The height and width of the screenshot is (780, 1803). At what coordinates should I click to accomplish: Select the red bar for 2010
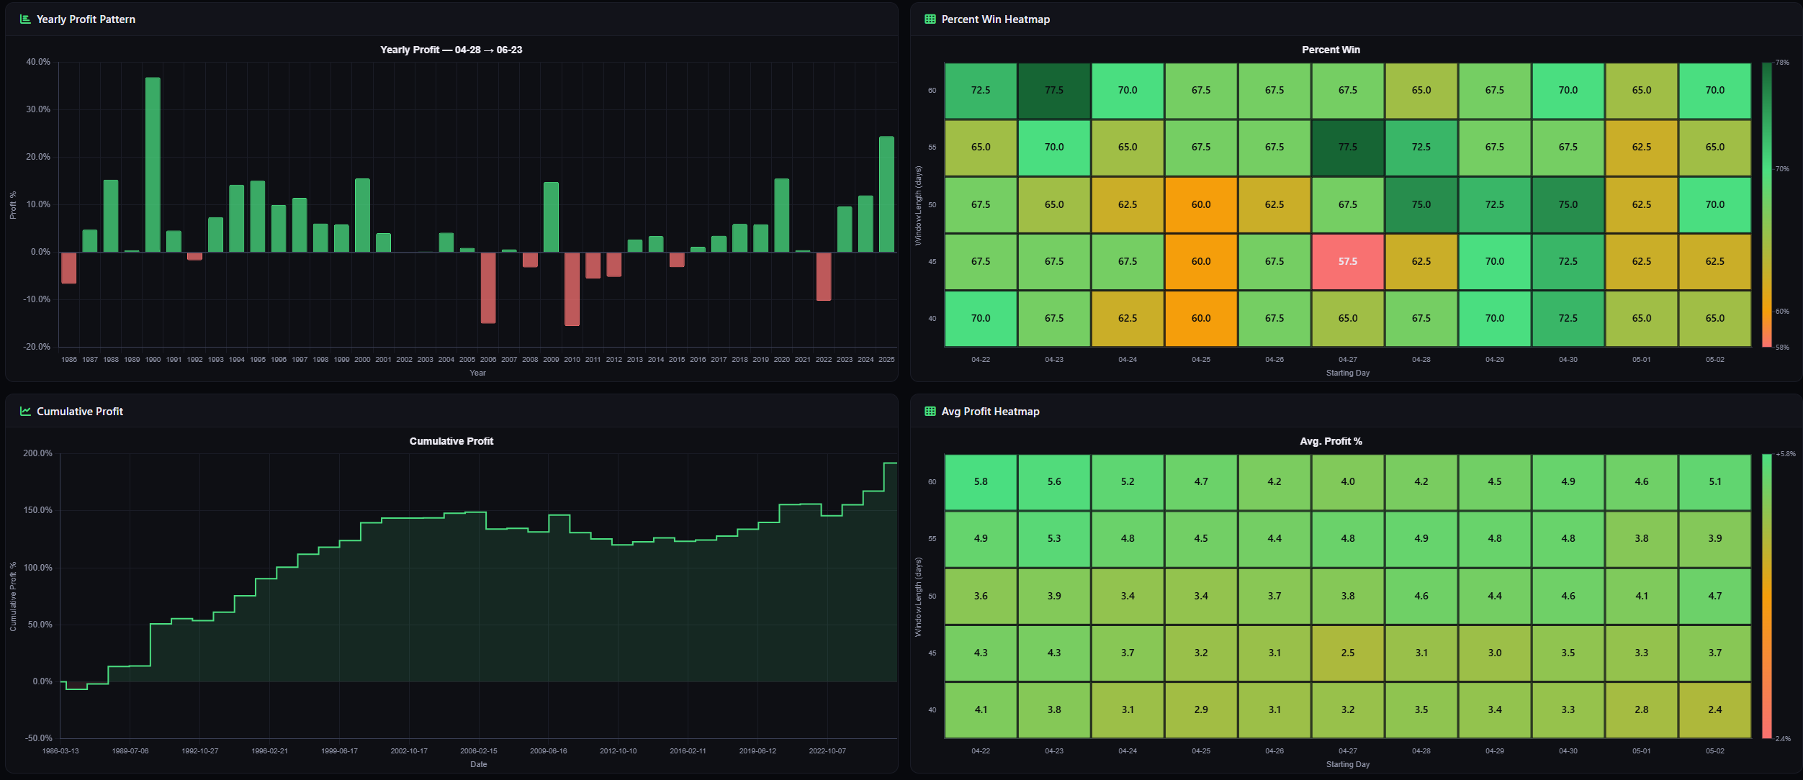[572, 289]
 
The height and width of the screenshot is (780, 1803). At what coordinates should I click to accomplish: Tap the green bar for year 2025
[886, 194]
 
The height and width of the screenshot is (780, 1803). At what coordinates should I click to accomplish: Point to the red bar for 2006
[488, 287]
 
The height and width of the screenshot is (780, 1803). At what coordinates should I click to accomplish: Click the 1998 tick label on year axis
[320, 359]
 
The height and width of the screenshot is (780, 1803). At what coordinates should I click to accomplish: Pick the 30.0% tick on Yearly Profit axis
[38, 109]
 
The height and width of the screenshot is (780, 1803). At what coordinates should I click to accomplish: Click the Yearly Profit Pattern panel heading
[86, 19]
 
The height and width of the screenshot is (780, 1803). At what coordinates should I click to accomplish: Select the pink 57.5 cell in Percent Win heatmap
[1347, 261]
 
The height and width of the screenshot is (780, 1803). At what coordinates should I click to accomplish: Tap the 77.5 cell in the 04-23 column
[1053, 91]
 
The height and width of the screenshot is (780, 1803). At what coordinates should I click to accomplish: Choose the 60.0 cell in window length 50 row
[1200, 204]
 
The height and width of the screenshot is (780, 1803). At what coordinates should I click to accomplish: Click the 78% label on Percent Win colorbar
[1782, 63]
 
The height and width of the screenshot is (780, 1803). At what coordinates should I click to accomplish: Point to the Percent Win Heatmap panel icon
[930, 19]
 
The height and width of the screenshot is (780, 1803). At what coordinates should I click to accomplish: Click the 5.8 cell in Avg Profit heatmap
[980, 481]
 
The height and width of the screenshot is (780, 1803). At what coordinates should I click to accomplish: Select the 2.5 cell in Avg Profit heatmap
[1347, 653]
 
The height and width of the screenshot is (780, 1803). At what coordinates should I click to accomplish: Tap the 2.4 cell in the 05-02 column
[1714, 709]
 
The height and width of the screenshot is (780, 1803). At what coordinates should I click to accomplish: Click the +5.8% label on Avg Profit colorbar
[1785, 454]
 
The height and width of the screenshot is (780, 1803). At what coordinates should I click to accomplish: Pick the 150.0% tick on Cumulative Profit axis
[37, 510]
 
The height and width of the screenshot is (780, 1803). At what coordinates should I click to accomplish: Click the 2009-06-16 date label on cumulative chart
[548, 750]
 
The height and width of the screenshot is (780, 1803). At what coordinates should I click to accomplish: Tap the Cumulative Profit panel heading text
[80, 412]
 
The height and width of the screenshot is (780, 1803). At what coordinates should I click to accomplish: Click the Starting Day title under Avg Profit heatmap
[1347, 764]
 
